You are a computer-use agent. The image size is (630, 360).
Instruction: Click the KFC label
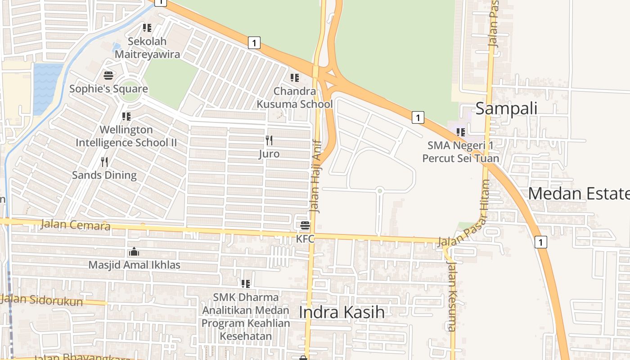point(305,239)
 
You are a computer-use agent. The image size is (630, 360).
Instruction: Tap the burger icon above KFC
point(305,225)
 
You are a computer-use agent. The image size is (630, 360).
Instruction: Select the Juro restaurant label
point(269,154)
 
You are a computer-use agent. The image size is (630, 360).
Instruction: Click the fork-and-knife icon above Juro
point(269,140)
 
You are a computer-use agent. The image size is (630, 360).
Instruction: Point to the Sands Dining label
point(104,175)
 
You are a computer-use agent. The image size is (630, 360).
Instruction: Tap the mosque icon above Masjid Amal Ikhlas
point(134,252)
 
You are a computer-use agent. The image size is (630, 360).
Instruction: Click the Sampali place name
point(506,108)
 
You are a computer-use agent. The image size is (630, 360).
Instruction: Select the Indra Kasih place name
point(342,312)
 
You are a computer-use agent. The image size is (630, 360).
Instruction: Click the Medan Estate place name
point(579,193)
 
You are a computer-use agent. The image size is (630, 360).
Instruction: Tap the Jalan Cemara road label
point(75,224)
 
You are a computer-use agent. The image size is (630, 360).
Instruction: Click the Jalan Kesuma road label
point(452,297)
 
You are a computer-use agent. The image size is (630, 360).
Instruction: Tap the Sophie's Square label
point(108,89)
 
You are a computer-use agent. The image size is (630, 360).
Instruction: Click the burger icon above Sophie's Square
point(108,75)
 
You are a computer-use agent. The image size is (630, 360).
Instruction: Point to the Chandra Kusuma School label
point(295,98)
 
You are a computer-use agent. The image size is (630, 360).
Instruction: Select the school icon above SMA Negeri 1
point(460,132)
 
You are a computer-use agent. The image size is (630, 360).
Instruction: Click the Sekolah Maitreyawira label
point(147,48)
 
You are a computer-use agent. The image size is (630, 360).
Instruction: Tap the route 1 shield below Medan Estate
point(540,242)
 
